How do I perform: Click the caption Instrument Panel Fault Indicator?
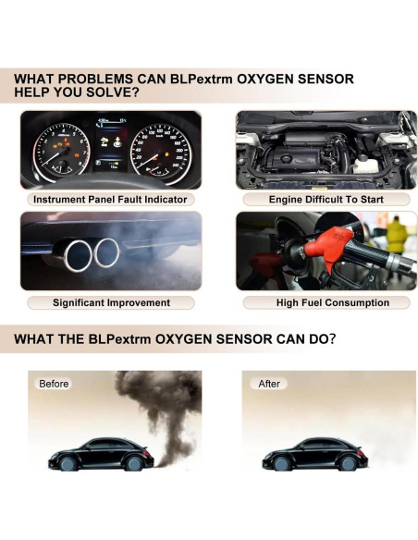[110, 199]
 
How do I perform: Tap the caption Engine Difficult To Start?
[313, 199]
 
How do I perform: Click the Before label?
[54, 383]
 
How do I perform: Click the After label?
[269, 383]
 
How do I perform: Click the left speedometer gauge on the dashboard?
[55, 148]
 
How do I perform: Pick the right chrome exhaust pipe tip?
[107, 249]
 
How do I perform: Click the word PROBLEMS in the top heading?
[97, 80]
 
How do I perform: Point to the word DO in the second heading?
[313, 339]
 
